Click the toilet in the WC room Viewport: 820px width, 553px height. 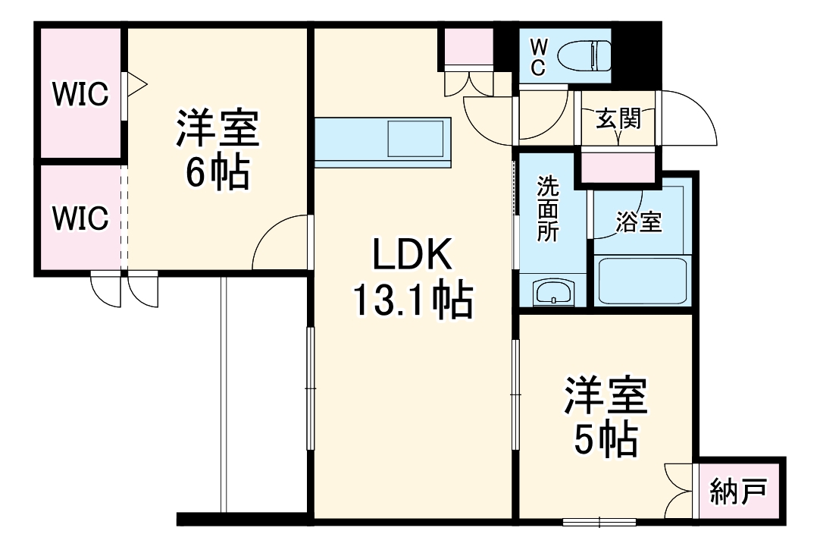(x=584, y=55)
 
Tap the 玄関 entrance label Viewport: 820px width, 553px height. (x=618, y=118)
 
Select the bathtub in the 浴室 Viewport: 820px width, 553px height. (x=642, y=281)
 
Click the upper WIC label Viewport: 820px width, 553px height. (x=80, y=95)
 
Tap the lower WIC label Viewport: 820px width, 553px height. (x=80, y=218)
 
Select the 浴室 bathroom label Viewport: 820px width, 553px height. (x=638, y=222)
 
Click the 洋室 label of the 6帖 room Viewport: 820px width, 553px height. (x=218, y=129)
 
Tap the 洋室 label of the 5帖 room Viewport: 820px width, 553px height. (x=604, y=396)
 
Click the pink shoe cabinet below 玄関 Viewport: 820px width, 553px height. (x=618, y=167)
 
